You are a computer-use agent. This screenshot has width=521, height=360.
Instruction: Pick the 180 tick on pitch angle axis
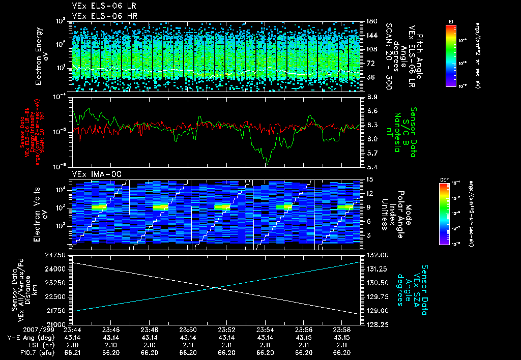(370, 21)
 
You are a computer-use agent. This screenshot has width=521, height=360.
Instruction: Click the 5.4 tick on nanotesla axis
(372, 167)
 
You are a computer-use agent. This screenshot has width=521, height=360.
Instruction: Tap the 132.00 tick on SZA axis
(377, 254)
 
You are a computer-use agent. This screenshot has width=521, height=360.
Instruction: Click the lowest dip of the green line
(267, 164)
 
